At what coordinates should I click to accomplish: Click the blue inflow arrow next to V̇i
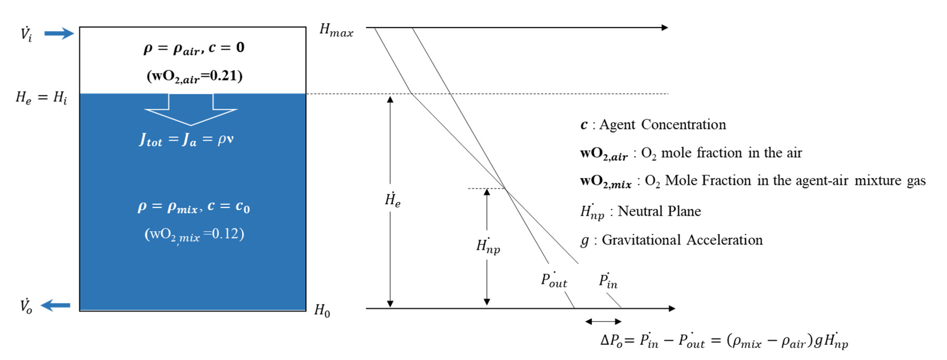tap(59, 33)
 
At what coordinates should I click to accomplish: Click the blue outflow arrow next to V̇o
tap(56, 305)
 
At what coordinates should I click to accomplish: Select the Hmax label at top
tap(336, 30)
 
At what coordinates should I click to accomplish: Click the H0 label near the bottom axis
tap(322, 311)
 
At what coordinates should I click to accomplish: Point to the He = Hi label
tap(41, 98)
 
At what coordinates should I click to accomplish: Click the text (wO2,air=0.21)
tap(194, 76)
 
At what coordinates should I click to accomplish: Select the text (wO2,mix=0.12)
tap(194, 235)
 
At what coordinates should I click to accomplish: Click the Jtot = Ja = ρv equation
tap(186, 139)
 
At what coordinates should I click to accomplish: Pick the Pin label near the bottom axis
tap(608, 281)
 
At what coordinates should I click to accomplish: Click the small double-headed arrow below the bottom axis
tap(603, 322)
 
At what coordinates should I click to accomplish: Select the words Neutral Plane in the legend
tap(659, 211)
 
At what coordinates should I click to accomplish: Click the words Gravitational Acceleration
tap(682, 240)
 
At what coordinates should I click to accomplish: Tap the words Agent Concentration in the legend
tap(662, 125)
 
